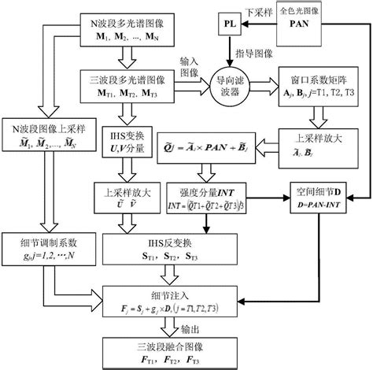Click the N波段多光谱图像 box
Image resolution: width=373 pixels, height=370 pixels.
pyautogui.click(x=125, y=29)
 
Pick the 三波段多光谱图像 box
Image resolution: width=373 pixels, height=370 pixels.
pyautogui.click(x=125, y=84)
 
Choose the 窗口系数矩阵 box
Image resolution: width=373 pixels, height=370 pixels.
pyautogui.click(x=320, y=84)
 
